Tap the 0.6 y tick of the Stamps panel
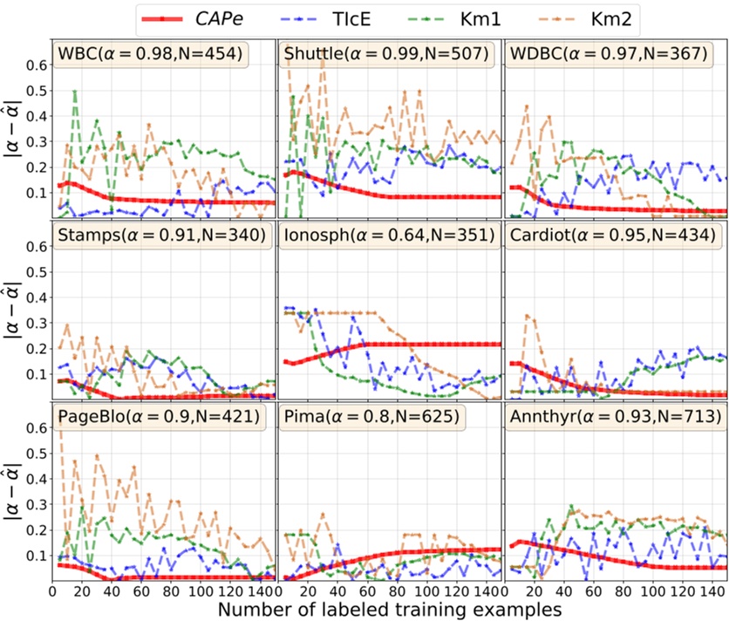pos(37,248)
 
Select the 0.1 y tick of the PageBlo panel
pos(37,555)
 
